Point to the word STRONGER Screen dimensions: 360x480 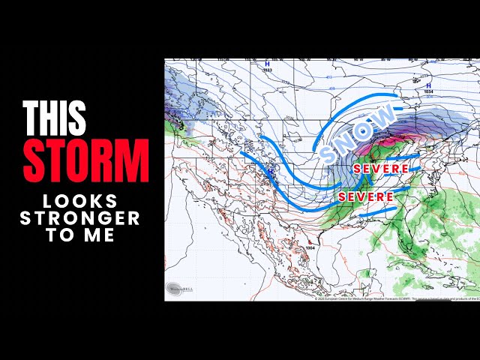(80, 218)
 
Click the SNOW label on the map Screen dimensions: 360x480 (358, 133)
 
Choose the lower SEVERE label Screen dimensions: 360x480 (366, 196)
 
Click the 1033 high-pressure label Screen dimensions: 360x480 (267, 69)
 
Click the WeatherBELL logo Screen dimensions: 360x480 (177, 289)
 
